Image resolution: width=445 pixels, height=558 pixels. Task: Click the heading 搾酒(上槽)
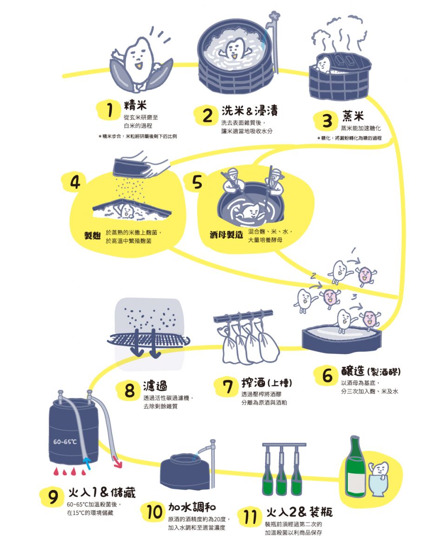tap(266, 383)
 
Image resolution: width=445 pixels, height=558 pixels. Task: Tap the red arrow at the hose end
tap(117, 463)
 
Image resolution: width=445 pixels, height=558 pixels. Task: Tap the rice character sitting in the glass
tap(379, 470)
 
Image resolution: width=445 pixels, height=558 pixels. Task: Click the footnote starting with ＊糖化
tap(349, 139)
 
